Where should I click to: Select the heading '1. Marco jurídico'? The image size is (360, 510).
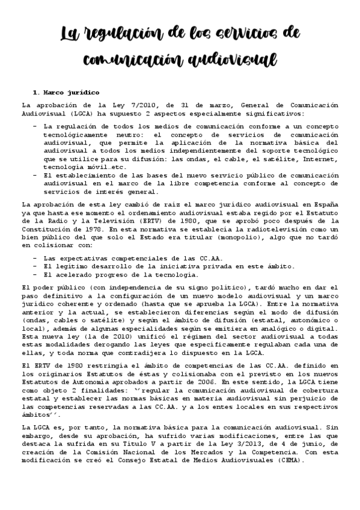tap(59, 93)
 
